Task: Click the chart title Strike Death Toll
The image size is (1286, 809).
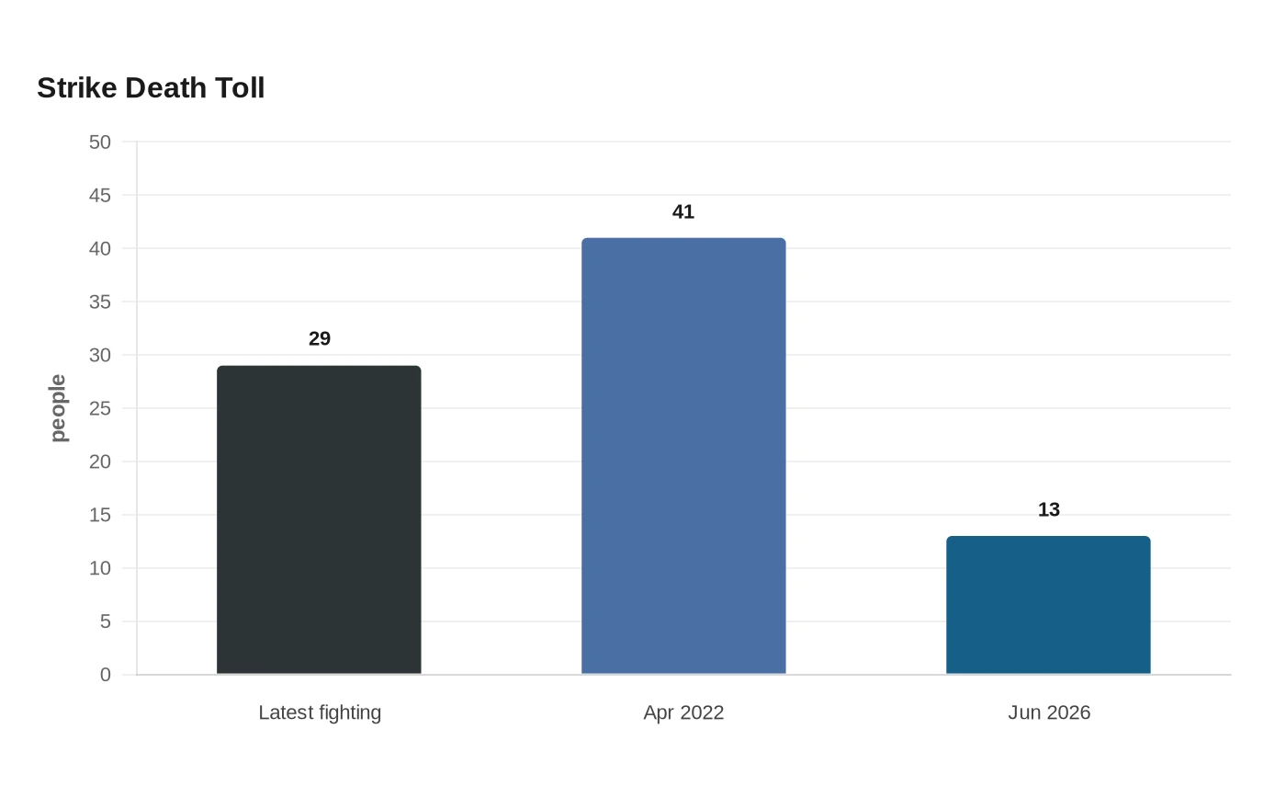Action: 151,88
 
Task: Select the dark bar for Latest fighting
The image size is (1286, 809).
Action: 319,519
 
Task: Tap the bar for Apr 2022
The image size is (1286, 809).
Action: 683,456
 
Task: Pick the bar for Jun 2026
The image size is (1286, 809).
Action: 1048,605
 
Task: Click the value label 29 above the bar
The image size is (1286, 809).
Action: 320,338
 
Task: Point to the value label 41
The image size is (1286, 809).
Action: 683,212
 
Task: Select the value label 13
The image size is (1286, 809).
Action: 1049,509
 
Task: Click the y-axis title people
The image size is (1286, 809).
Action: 58,408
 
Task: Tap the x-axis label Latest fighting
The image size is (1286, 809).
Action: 320,712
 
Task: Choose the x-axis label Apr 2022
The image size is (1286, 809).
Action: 683,712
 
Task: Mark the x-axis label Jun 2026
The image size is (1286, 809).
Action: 1049,712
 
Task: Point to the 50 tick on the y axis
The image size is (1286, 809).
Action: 100,142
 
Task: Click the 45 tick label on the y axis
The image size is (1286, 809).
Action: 100,195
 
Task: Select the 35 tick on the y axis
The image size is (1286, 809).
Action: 100,302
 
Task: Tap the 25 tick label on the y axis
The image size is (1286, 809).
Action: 100,408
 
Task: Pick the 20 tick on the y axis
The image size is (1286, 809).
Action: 100,461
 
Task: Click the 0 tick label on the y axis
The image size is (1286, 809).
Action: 105,675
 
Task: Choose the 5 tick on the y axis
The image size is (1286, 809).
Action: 105,621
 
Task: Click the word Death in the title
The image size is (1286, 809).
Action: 166,88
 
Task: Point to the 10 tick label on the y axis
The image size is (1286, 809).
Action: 100,568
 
